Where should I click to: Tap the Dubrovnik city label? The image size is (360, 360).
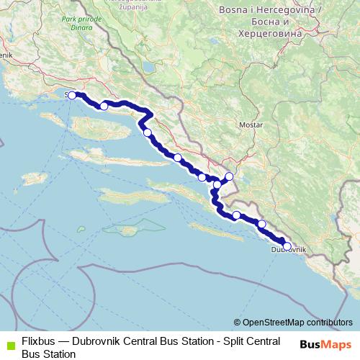[288, 250]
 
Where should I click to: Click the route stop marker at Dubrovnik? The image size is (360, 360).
[287, 246]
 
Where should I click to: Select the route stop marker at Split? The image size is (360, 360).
[72, 95]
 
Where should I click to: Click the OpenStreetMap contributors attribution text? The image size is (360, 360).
[297, 323]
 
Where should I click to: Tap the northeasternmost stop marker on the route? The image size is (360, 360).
[230, 176]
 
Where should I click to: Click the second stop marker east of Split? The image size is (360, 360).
[147, 132]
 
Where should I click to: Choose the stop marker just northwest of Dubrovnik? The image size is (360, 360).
[261, 224]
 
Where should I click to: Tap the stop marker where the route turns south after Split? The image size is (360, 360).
[147, 132]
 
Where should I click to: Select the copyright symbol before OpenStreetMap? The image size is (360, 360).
[237, 323]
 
